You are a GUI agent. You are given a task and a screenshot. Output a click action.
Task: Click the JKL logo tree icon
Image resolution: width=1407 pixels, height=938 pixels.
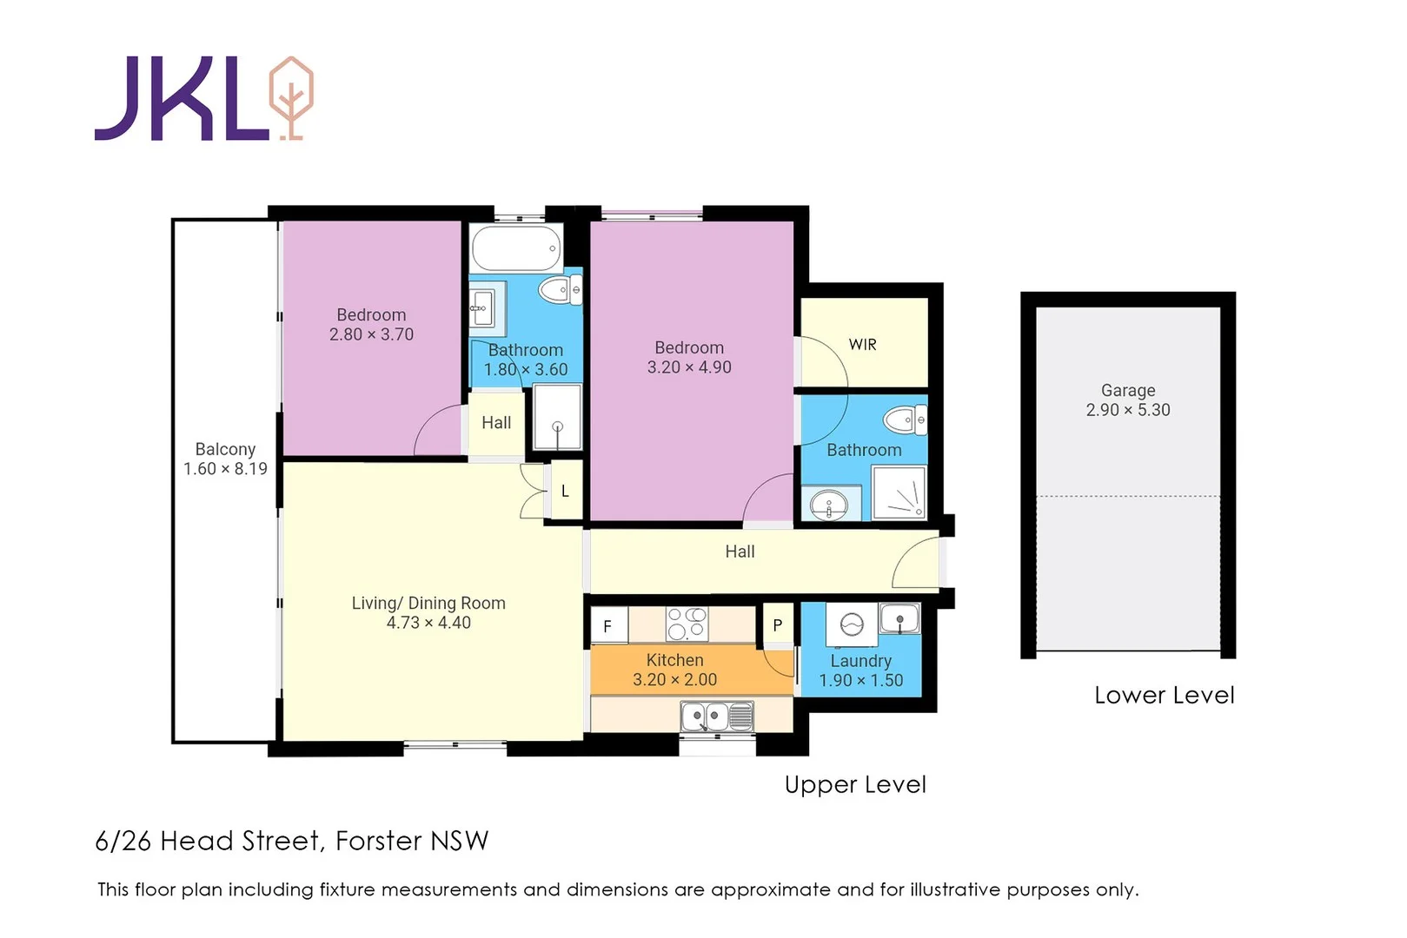(x=291, y=97)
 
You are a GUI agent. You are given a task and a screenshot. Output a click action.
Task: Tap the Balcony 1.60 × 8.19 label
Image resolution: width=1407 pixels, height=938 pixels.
(x=225, y=459)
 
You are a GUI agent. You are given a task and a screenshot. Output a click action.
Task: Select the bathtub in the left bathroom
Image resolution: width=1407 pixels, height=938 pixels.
(x=516, y=248)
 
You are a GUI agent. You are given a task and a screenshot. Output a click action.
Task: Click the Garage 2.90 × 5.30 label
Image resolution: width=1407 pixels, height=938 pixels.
(x=1128, y=400)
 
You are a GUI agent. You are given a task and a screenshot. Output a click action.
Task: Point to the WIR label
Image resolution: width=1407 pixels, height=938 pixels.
(x=862, y=345)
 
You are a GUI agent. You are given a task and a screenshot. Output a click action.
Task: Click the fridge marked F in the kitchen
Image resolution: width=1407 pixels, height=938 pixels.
(x=608, y=626)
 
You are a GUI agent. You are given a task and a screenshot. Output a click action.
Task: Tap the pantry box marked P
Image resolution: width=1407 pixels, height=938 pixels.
(x=778, y=625)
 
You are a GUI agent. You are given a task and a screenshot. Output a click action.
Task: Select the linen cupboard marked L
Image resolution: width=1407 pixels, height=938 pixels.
(x=565, y=492)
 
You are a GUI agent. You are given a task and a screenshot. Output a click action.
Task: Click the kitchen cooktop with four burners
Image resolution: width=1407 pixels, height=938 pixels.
(x=687, y=624)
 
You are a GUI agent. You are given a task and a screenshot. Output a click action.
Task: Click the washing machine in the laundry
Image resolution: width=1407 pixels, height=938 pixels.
(x=852, y=624)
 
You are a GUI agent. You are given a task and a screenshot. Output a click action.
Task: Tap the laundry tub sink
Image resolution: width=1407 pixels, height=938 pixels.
(x=900, y=619)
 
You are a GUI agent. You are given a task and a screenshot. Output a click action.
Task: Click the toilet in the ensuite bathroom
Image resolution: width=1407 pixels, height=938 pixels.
(x=905, y=421)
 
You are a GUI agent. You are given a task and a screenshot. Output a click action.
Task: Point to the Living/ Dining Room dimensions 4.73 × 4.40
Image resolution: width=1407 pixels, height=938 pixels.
(x=428, y=623)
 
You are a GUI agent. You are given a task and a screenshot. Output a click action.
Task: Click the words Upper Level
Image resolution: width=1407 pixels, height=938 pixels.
(x=855, y=784)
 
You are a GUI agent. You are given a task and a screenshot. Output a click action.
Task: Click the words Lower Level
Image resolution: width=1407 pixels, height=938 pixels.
(x=1164, y=695)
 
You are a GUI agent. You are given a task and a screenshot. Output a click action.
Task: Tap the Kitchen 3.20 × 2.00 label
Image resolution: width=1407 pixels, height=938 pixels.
(x=675, y=670)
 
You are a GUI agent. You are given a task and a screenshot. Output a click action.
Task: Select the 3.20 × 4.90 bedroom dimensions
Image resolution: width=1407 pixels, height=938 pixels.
(x=689, y=367)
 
